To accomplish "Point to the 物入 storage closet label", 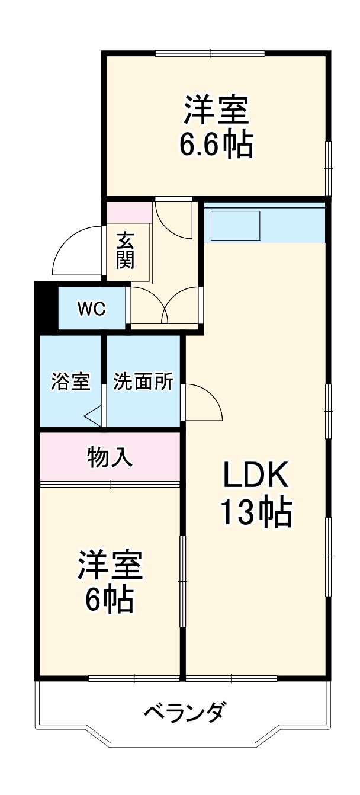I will pos(110,457).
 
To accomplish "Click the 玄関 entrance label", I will pos(125,251).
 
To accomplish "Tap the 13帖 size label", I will pos(256,512).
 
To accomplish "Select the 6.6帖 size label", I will pos(216,144).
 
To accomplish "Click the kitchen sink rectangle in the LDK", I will pos(236,225).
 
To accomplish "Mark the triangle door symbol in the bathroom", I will pos(93,416).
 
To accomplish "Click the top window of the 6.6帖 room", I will pos(210,54).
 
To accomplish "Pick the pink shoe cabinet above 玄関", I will pos(129,211).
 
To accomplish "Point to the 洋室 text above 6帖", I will pos(110,566).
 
